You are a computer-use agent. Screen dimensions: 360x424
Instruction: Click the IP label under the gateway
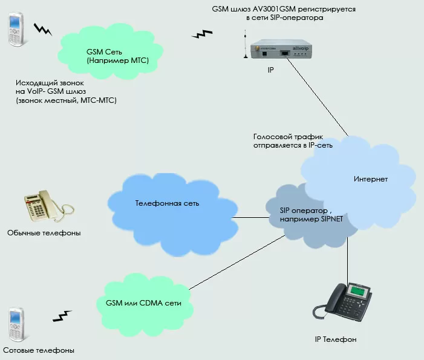click(270, 70)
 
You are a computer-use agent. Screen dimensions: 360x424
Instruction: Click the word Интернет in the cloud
click(370, 179)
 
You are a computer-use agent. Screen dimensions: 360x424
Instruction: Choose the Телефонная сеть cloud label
click(168, 204)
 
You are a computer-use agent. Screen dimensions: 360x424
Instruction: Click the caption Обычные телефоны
click(44, 233)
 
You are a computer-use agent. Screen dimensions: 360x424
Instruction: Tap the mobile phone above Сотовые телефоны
click(16, 325)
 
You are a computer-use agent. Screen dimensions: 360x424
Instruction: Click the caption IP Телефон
click(336, 340)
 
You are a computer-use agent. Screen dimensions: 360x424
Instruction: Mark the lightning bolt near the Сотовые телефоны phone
click(62, 316)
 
